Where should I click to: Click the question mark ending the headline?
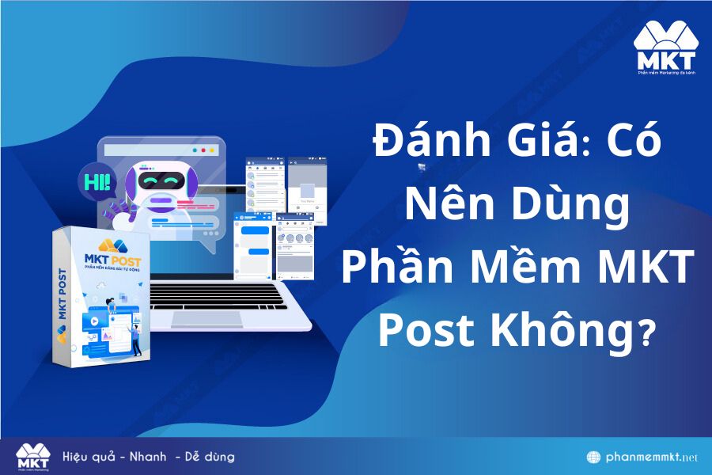pos(647,331)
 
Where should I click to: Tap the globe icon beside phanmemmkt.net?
pos(593,458)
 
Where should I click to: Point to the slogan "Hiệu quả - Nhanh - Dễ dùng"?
pos(149,457)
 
